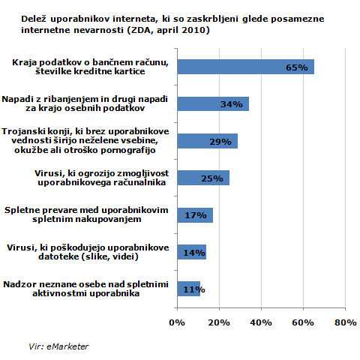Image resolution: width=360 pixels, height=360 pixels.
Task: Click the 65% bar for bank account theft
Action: (x=246, y=67)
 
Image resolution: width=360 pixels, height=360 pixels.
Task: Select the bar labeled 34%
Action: (x=213, y=103)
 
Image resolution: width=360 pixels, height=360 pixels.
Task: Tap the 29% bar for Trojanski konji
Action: (x=208, y=141)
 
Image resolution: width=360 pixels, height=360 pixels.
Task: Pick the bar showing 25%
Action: (x=203, y=178)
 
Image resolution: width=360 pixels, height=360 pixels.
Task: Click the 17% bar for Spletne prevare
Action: (x=195, y=215)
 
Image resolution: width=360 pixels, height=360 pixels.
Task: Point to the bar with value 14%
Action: (x=192, y=252)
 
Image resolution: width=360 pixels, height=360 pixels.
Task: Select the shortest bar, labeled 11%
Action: (x=189, y=289)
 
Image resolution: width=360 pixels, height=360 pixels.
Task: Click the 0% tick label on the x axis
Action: (x=177, y=322)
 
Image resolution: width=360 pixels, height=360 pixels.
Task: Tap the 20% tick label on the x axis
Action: (x=219, y=322)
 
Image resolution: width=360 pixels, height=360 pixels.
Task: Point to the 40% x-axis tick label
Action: (x=261, y=322)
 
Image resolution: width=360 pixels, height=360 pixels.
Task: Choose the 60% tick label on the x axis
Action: (x=303, y=322)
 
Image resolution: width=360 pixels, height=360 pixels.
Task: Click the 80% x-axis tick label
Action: (x=346, y=322)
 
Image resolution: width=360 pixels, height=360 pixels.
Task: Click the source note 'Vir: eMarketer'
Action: (x=58, y=346)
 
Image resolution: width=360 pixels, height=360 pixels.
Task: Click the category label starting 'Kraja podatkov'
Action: (x=90, y=67)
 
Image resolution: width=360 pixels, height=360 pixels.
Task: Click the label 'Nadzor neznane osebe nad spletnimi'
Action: (x=85, y=284)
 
